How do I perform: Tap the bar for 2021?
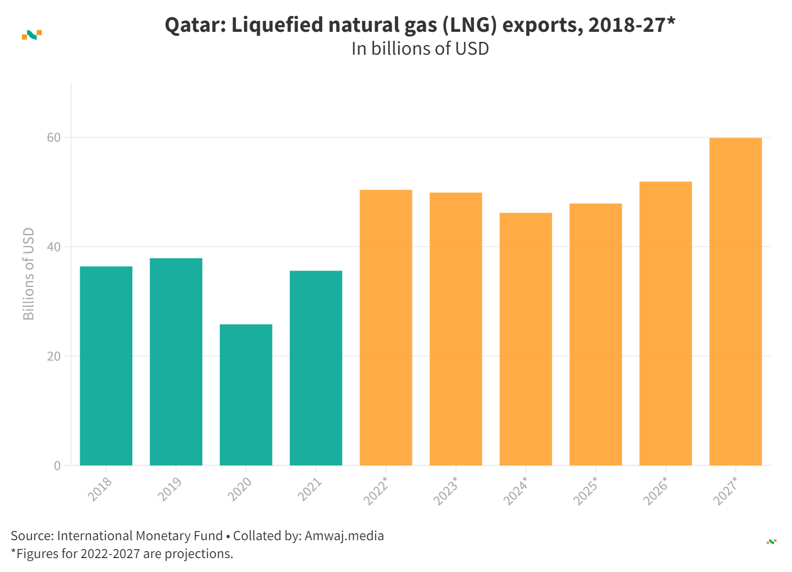[316, 368]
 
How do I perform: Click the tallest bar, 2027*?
[735, 301]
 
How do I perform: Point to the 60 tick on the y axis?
[54, 138]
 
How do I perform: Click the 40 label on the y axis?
[54, 247]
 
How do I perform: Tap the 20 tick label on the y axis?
[54, 357]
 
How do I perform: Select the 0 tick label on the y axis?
[57, 466]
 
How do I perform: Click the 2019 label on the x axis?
[170, 489]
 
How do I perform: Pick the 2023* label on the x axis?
[446, 491]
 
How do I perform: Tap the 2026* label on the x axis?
[656, 491]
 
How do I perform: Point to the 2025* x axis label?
[586, 491]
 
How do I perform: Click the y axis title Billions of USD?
[29, 274]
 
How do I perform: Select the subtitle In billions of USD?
[420, 49]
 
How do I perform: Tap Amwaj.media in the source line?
[344, 536]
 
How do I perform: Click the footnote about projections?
[122, 554]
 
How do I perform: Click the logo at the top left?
[32, 35]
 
